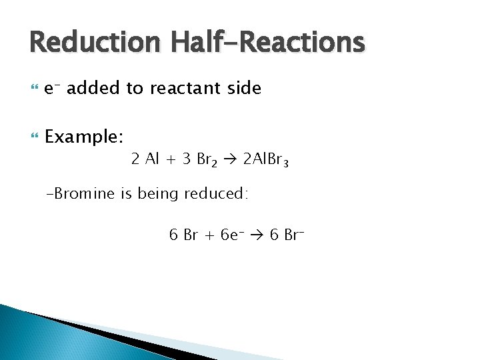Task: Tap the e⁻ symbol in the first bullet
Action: (x=53, y=88)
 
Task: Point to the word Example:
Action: (x=84, y=137)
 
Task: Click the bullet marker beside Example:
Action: (x=35, y=137)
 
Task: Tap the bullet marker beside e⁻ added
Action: (x=35, y=88)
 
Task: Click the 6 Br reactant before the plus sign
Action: (x=183, y=235)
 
